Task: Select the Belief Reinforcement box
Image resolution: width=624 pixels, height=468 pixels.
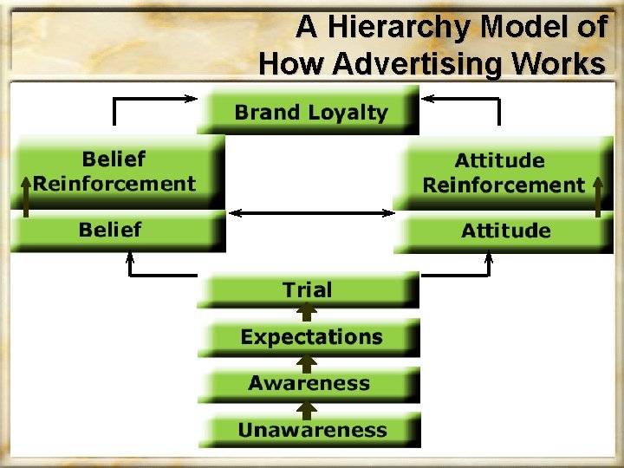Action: click(114, 172)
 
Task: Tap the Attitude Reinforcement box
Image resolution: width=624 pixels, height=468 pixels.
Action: click(503, 172)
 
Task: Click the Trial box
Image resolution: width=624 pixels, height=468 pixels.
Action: click(308, 290)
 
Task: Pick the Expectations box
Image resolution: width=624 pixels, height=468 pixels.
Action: click(310, 337)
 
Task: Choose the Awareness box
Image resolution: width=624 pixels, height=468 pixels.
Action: click(309, 384)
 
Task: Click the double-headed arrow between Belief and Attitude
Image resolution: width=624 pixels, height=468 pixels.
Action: click(309, 213)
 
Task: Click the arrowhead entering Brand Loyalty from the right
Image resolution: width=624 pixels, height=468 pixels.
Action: click(426, 99)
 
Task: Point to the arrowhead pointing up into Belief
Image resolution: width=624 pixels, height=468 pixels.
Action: click(130, 257)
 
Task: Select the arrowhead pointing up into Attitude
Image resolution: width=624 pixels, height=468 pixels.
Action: click(489, 257)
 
